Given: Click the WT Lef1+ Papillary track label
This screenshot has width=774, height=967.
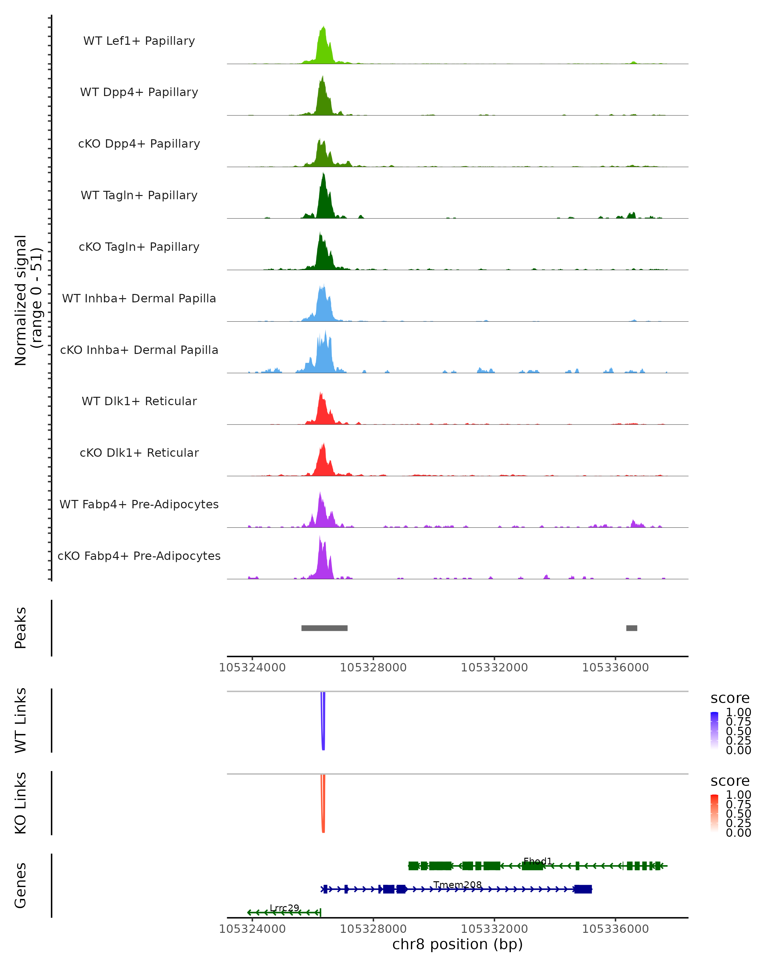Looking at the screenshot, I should pyautogui.click(x=139, y=41).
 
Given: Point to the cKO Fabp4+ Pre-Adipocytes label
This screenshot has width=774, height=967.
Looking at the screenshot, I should pyautogui.click(x=139, y=556).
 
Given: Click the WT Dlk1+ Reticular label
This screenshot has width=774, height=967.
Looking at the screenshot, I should pyautogui.click(x=139, y=401).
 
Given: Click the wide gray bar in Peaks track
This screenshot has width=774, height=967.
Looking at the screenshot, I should pyautogui.click(x=324, y=628).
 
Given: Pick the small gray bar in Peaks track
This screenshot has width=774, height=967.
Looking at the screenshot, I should pyautogui.click(x=631, y=628).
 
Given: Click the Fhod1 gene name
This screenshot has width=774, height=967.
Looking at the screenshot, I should pyautogui.click(x=538, y=861).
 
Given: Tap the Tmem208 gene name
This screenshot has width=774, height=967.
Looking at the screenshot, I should pyautogui.click(x=457, y=885).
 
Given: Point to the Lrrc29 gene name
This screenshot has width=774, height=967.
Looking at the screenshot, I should pyautogui.click(x=284, y=908).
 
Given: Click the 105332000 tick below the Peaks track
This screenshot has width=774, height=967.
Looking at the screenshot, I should pyautogui.click(x=494, y=668).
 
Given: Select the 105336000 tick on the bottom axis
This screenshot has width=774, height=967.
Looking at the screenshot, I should pyautogui.click(x=615, y=929).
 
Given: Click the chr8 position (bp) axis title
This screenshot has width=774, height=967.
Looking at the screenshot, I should pyautogui.click(x=457, y=944).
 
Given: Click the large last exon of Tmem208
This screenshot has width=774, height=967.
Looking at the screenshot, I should pyautogui.click(x=583, y=889).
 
